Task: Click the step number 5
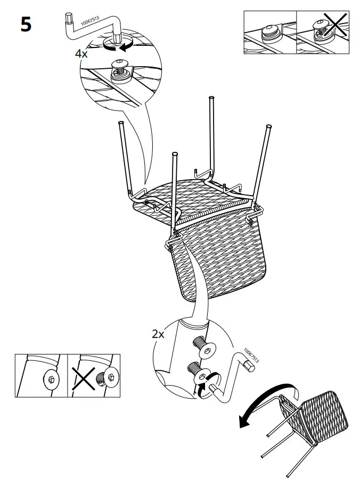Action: pyautogui.click(x=26, y=25)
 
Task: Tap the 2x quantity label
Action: pyautogui.click(x=158, y=334)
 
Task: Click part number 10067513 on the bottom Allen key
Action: pyautogui.click(x=251, y=356)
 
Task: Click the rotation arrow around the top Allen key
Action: pyautogui.click(x=118, y=47)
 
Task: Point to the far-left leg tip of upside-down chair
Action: pyautogui.click(x=120, y=124)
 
